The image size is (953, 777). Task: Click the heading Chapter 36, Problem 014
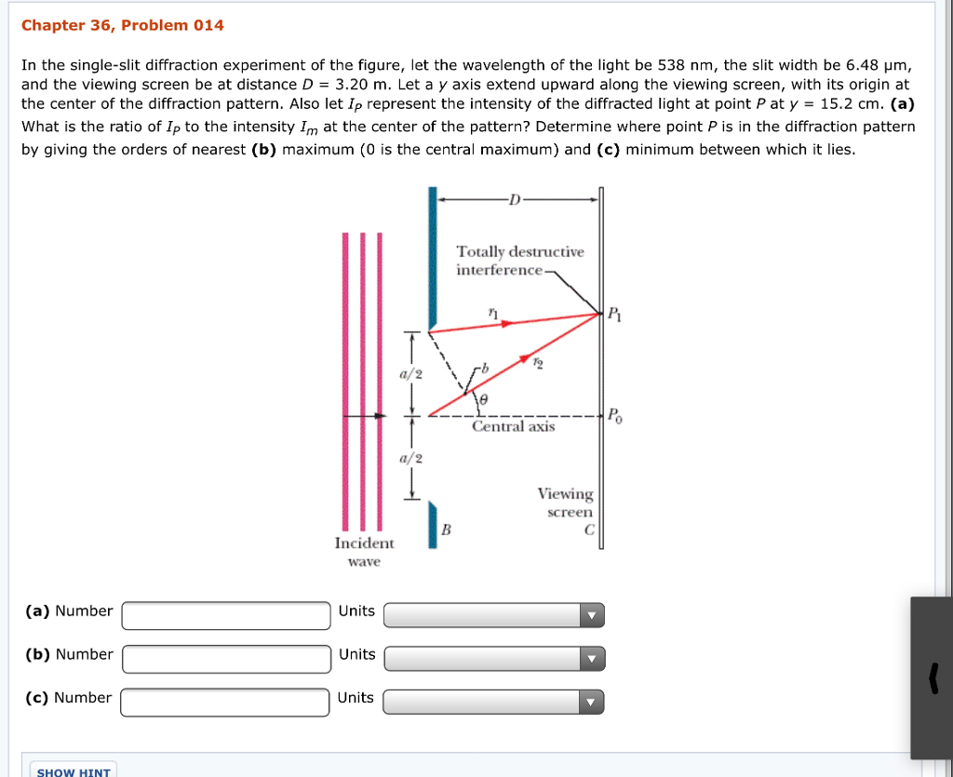[x=122, y=25]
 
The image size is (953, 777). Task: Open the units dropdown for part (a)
[x=493, y=615]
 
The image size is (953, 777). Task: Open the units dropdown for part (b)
[x=493, y=659]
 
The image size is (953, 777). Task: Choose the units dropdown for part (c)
[x=493, y=702]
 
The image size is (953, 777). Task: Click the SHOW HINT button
[x=74, y=771]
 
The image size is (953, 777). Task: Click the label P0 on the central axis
[x=615, y=415]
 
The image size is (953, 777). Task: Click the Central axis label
[x=513, y=427]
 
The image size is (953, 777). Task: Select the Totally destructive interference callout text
[x=519, y=261]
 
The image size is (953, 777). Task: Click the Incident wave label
[x=364, y=552]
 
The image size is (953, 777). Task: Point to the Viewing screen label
[x=566, y=502]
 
